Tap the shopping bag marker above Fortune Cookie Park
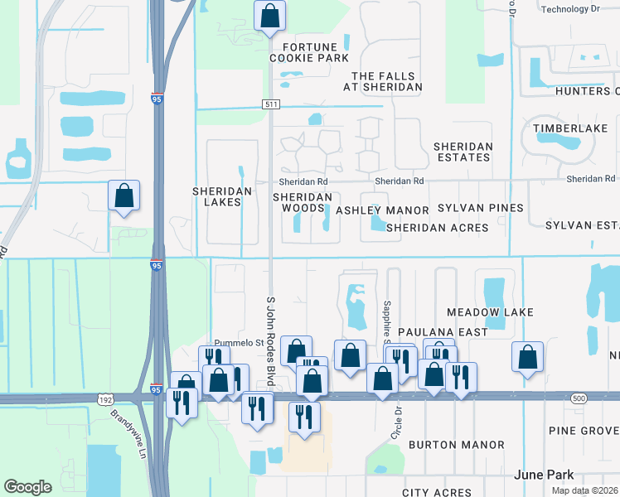pyautogui.click(x=270, y=16)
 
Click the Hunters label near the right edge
pyautogui.click(x=588, y=91)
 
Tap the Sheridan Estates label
pyautogui.click(x=463, y=152)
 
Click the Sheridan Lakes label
pyautogui.click(x=221, y=196)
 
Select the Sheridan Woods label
pyautogui.click(x=303, y=202)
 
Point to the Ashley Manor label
pyautogui.click(x=382, y=211)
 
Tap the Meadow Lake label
pyautogui.click(x=490, y=312)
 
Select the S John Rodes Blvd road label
pyautogui.click(x=269, y=340)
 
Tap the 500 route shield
pyautogui.click(x=579, y=399)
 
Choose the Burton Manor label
pyautogui.click(x=456, y=445)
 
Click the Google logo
pyautogui.click(x=27, y=487)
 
